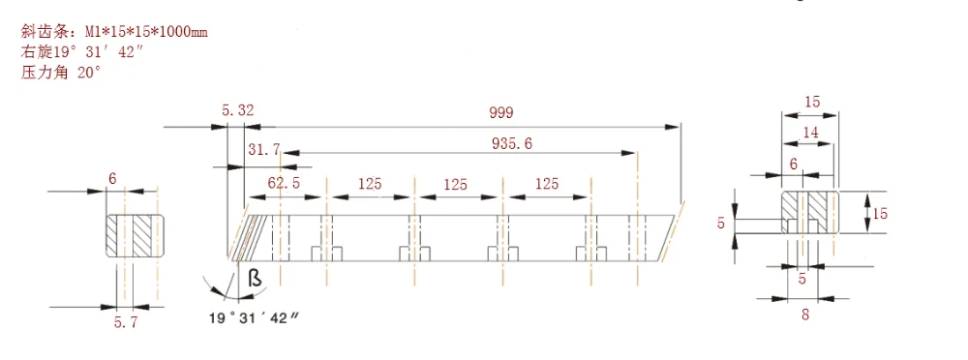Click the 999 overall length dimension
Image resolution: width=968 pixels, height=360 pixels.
[501, 112]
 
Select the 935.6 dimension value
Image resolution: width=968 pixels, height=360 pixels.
[512, 143]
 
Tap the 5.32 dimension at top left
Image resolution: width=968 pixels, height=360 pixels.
[237, 110]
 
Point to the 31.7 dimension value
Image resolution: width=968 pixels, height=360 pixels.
[264, 149]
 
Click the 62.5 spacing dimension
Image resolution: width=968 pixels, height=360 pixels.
[284, 184]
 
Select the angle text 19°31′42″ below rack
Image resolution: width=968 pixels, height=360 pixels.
[254, 318]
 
